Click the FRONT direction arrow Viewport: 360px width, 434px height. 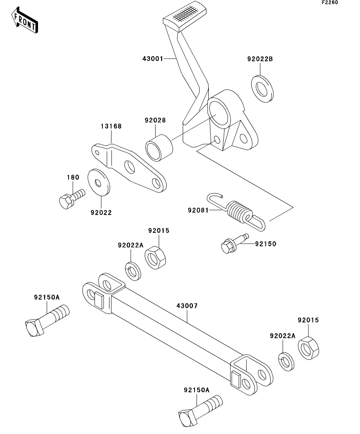(25, 20)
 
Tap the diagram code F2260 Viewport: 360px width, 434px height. (330, 2)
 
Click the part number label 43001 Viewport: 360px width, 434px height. (153, 59)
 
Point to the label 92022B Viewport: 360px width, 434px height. (260, 59)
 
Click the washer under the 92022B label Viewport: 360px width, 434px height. (262, 89)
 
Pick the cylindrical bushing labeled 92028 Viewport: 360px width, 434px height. (159, 147)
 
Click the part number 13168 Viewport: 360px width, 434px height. (111, 126)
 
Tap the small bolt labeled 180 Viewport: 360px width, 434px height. (72, 198)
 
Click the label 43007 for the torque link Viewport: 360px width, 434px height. (187, 306)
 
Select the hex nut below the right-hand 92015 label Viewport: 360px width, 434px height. (308, 348)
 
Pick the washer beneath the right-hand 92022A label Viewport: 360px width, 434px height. (286, 362)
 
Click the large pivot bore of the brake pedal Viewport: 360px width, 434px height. (219, 113)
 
